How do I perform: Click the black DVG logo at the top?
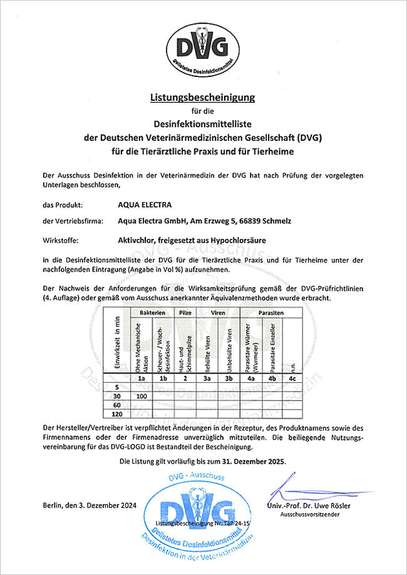[x=203, y=46]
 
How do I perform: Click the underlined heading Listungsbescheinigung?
[x=203, y=97]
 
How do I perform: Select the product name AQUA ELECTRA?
[x=143, y=204]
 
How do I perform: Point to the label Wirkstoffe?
[x=61, y=238]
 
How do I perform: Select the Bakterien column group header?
[x=152, y=312]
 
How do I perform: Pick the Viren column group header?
[x=217, y=312]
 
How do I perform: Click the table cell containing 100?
[x=141, y=396]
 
